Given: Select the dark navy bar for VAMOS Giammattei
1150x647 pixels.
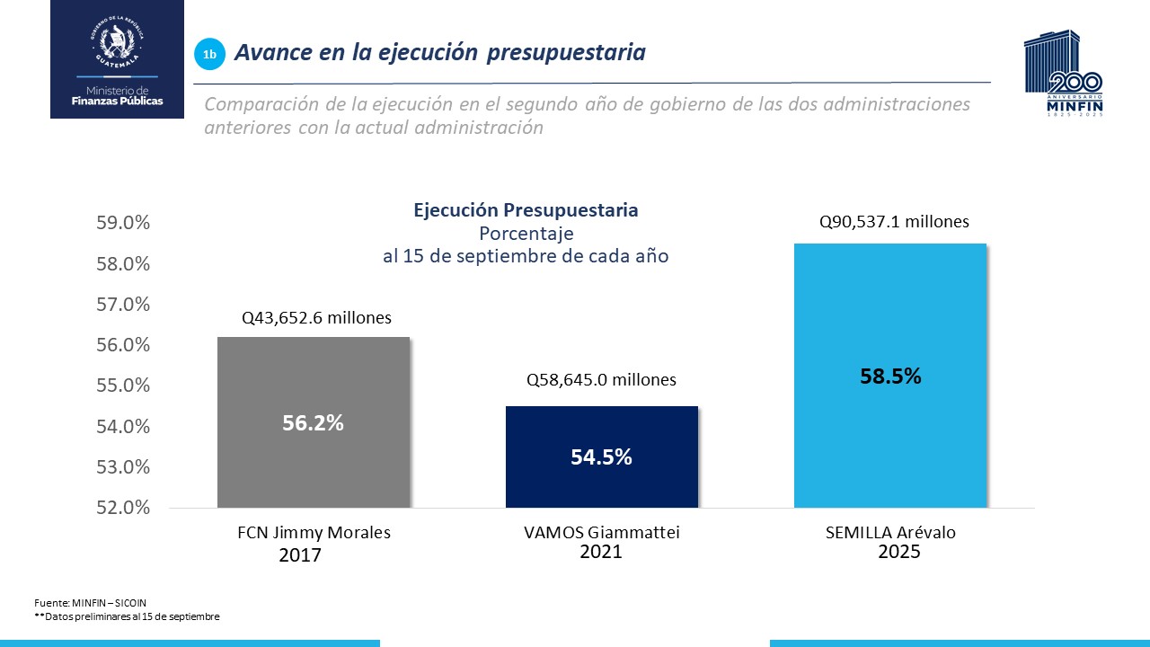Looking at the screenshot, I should click(601, 485).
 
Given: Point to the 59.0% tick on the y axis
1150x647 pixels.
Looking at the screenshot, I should click(123, 223).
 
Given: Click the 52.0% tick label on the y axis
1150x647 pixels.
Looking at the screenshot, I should click(123, 508).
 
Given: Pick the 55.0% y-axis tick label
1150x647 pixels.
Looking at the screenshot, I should click(123, 386).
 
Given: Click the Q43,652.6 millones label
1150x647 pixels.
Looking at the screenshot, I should click(316, 318).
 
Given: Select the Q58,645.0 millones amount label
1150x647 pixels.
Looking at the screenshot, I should click(601, 380).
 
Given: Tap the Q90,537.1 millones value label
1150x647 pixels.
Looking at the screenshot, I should click(894, 222).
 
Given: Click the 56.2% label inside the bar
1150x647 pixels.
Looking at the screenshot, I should click(313, 422).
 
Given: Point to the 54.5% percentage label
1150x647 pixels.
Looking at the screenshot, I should click(601, 456).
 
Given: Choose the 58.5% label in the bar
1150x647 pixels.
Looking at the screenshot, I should click(890, 377).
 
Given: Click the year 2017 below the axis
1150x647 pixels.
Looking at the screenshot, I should click(299, 556).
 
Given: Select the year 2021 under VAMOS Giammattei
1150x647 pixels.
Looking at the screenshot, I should click(601, 552).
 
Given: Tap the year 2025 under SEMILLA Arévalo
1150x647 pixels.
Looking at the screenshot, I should click(898, 552).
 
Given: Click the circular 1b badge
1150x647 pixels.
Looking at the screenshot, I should click(209, 55).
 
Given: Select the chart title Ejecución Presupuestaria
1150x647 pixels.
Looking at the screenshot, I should click(526, 210).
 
